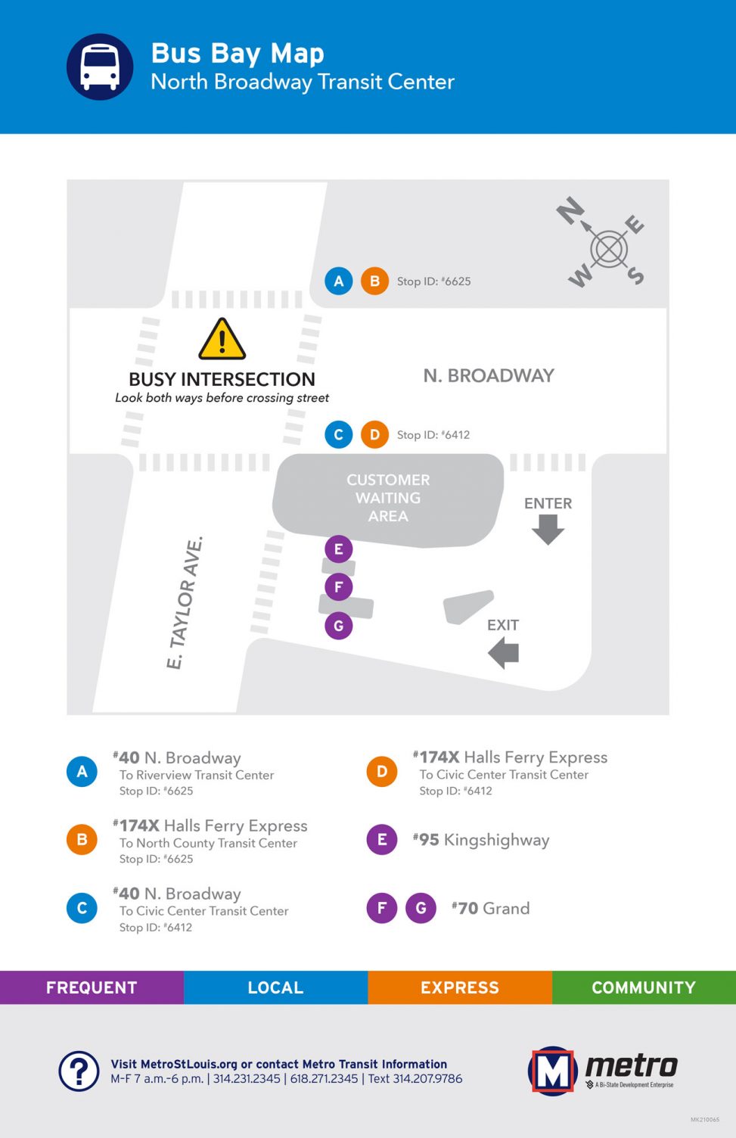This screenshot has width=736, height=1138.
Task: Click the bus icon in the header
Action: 100,67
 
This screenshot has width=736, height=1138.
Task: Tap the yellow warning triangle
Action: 222,340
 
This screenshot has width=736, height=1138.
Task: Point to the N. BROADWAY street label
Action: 489,375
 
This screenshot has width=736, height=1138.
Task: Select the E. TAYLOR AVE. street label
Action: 185,602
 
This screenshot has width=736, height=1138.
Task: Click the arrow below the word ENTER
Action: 548,530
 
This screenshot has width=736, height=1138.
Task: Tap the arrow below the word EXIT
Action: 503,653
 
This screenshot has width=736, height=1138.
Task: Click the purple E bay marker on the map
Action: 339,549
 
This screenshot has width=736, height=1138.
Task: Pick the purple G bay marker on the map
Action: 339,626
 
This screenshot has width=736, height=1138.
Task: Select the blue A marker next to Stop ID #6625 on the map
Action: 339,281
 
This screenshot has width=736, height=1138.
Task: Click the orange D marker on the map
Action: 375,435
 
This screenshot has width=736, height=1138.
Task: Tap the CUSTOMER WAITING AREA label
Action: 388,498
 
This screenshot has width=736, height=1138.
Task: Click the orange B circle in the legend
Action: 82,839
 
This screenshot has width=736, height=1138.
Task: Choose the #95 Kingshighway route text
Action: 481,841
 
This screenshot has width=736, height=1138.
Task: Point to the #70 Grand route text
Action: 491,908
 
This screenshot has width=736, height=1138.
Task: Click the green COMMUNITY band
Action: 644,987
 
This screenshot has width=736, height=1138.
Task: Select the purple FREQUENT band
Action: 92,987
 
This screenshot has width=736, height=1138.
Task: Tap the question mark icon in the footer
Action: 79,1071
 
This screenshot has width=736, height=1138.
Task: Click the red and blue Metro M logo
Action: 553,1071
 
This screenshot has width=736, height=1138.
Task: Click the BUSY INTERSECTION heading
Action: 222,379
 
